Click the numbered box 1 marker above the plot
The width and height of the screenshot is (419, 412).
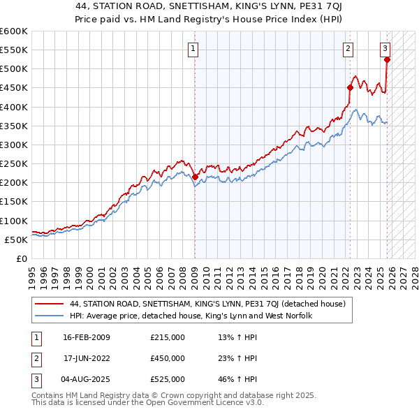point(192,48)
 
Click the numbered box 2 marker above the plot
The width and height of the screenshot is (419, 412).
point(348,48)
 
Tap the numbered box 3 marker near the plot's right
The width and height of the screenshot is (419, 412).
point(385,48)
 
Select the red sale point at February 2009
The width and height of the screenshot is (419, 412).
point(195,177)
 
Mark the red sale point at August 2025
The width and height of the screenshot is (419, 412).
point(388,59)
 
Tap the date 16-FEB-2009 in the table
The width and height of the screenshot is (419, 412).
point(86,338)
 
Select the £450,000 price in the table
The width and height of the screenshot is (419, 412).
point(167,358)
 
